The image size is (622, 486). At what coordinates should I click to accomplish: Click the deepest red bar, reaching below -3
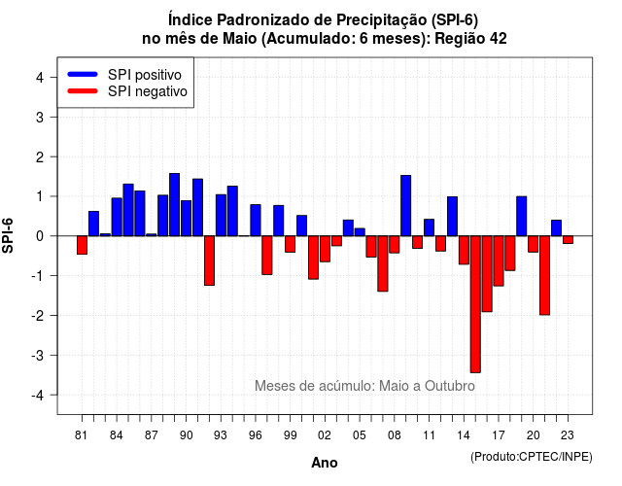tap(475, 304)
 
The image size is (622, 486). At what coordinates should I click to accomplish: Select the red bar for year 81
tap(82, 245)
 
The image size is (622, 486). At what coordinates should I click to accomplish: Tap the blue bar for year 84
tap(117, 217)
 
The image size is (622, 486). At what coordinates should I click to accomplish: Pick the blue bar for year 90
tap(186, 218)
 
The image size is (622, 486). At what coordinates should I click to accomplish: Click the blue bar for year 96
tap(256, 221)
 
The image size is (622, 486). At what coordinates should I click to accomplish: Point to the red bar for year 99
tap(291, 244)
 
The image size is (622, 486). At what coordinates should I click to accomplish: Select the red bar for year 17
tap(499, 261)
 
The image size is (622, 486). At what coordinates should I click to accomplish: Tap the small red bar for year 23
tap(568, 240)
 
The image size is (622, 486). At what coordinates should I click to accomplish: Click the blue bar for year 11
tap(430, 227)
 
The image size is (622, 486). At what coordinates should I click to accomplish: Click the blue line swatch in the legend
tap(83, 74)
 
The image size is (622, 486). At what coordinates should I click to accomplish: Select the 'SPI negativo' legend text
tap(148, 91)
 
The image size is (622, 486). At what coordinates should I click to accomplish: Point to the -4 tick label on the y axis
tap(39, 396)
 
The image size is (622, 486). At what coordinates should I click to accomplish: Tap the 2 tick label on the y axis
tap(40, 157)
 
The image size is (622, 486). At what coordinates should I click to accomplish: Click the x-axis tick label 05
tap(360, 435)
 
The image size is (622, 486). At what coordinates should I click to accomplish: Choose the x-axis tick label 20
tap(534, 435)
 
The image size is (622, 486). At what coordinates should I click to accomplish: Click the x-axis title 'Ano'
tap(325, 463)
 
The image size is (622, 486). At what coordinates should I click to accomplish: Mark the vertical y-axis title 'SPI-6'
tap(8, 235)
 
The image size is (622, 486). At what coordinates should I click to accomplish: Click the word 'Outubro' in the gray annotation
tap(450, 386)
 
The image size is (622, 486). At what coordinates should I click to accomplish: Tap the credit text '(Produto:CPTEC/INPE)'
tap(532, 457)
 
